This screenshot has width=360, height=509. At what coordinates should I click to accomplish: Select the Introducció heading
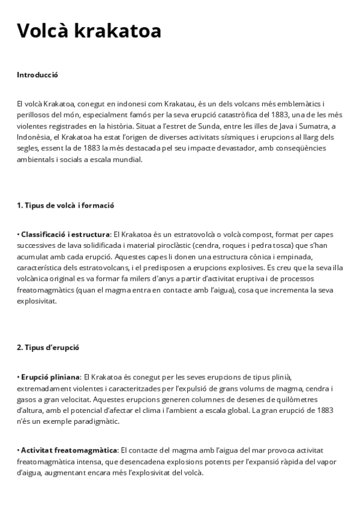[37, 76]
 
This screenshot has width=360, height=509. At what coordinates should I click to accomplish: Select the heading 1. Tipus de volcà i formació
[65, 206]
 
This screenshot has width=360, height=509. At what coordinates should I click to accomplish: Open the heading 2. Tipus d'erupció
[48, 348]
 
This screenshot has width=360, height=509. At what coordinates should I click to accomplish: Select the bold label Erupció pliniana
[51, 376]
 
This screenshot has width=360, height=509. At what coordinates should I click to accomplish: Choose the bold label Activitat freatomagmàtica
[69, 450]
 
